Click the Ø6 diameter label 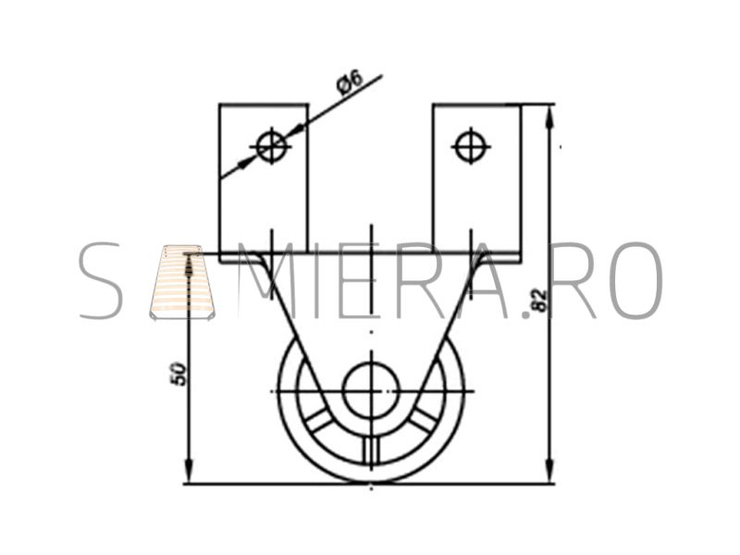tap(350, 82)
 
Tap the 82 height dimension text tap(538, 300)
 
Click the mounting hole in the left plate tap(271, 146)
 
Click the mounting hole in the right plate tap(471, 146)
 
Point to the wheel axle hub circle tap(372, 363)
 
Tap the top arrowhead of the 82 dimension tap(549, 117)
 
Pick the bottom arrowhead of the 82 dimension tap(549, 471)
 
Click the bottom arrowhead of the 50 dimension tap(189, 471)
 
